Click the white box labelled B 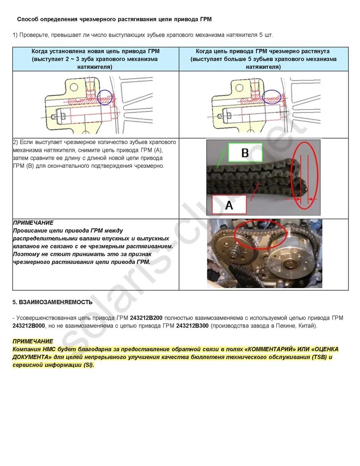245,153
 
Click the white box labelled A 229,205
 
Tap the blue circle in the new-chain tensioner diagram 105,97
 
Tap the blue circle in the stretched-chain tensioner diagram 271,97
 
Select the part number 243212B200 146,318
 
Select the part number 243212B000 28,326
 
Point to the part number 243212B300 192,326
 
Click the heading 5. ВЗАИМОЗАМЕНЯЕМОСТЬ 52,302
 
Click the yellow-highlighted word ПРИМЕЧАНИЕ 33,341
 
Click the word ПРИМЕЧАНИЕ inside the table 33,222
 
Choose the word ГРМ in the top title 206,19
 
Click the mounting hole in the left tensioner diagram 74,87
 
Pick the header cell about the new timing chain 96,59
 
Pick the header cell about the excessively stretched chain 263,59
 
